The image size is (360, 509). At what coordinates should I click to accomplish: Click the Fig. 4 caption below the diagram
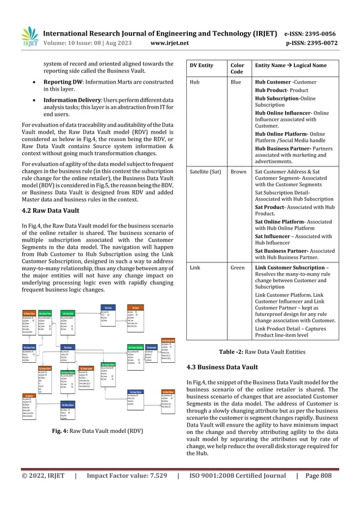point(96,431)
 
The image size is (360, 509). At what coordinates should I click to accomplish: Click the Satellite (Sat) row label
point(205,172)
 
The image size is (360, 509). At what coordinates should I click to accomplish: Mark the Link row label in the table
point(195,266)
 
